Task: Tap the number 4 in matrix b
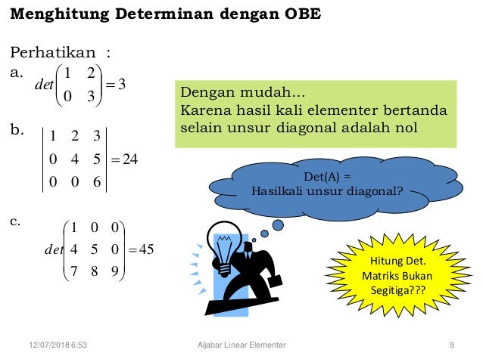73,158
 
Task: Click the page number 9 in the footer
451,345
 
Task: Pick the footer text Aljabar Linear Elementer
240,345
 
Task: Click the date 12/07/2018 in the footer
43,345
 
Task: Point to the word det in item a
43,84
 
